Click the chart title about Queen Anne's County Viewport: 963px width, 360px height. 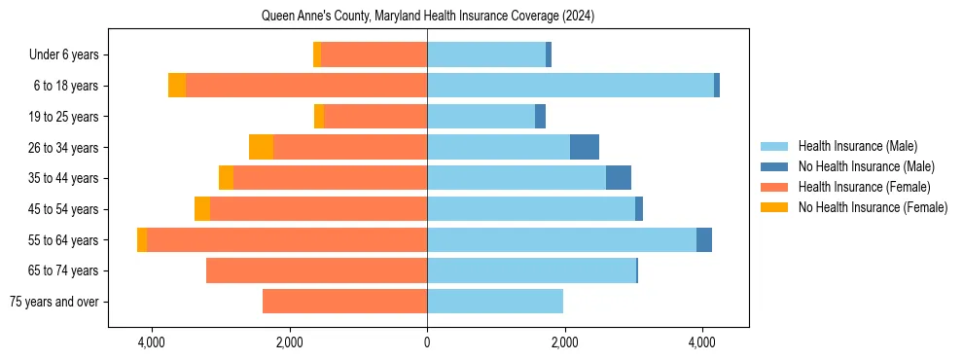pos(428,17)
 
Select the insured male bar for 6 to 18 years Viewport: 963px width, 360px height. pos(570,86)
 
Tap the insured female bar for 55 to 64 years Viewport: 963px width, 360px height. pos(287,239)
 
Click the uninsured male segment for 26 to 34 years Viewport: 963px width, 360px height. pos(585,147)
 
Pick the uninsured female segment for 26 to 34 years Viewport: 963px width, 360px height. pos(261,147)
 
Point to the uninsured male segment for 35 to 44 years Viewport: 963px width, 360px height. pos(619,178)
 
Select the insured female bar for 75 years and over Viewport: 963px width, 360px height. pos(344,302)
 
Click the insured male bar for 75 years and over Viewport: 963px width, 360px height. pos(495,302)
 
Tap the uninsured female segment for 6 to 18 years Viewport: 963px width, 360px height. pos(177,86)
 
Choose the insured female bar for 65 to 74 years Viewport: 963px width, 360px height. pos(316,270)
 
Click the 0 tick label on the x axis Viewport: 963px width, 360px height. pos(427,342)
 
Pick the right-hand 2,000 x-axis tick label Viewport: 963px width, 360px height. pos(565,342)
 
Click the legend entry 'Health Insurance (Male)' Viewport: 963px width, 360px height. pos(857,146)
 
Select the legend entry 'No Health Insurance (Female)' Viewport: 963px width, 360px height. pos(873,207)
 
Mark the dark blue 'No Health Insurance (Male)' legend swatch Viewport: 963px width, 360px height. pos(774,166)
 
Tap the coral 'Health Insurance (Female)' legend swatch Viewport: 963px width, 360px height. pos(774,187)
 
